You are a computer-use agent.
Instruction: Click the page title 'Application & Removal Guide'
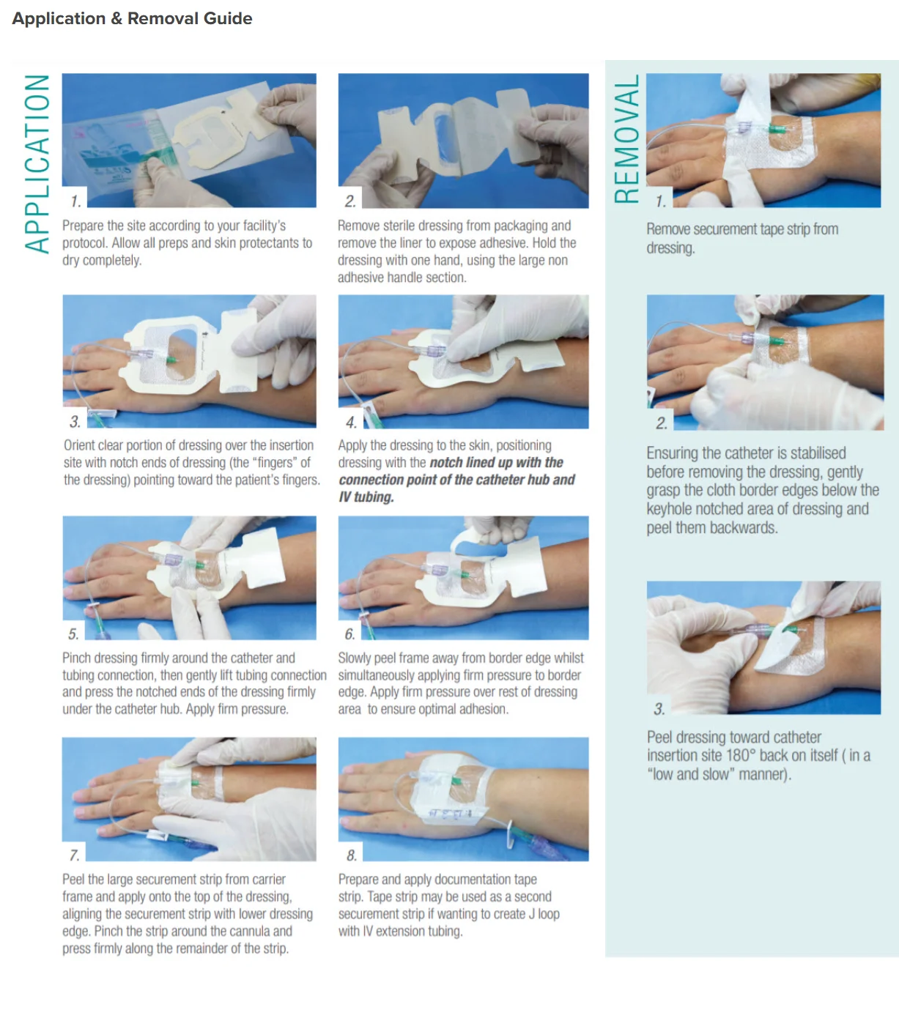(x=132, y=18)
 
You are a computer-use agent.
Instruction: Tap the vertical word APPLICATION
(x=37, y=164)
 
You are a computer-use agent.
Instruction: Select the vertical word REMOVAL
(x=626, y=139)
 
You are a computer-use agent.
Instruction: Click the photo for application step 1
(x=189, y=141)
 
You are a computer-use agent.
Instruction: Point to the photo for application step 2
(x=463, y=141)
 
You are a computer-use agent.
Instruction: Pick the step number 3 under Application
(x=75, y=421)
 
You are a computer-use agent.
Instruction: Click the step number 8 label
(x=351, y=855)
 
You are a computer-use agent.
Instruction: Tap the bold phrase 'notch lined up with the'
(x=497, y=462)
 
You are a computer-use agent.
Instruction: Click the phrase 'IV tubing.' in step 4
(x=366, y=497)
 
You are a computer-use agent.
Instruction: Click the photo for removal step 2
(x=765, y=362)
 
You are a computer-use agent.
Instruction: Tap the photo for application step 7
(x=189, y=799)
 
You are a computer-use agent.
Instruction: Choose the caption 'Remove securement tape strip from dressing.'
(x=742, y=238)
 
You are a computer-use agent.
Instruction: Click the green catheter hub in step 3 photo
(x=171, y=360)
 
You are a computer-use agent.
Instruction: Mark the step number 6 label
(x=350, y=634)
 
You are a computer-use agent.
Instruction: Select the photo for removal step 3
(x=763, y=647)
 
